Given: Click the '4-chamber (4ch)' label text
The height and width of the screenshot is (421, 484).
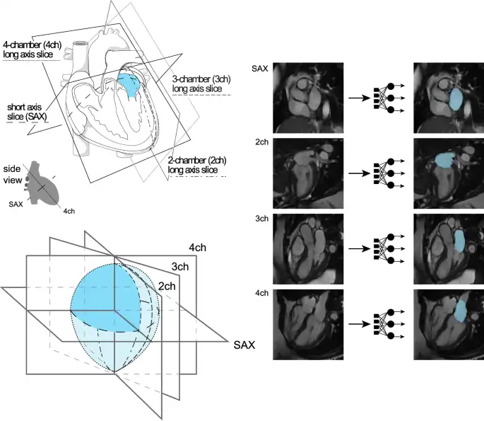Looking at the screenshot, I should click(x=33, y=45).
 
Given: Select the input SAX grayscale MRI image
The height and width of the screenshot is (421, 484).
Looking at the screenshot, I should click(x=307, y=98).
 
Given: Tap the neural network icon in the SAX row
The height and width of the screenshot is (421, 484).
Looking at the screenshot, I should click(x=382, y=98).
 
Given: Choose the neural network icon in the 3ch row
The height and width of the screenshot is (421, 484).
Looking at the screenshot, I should click(x=382, y=249).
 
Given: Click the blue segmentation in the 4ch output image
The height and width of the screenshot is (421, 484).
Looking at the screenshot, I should click(x=459, y=311).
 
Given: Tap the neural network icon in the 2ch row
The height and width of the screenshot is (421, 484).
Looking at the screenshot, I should click(x=382, y=173).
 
